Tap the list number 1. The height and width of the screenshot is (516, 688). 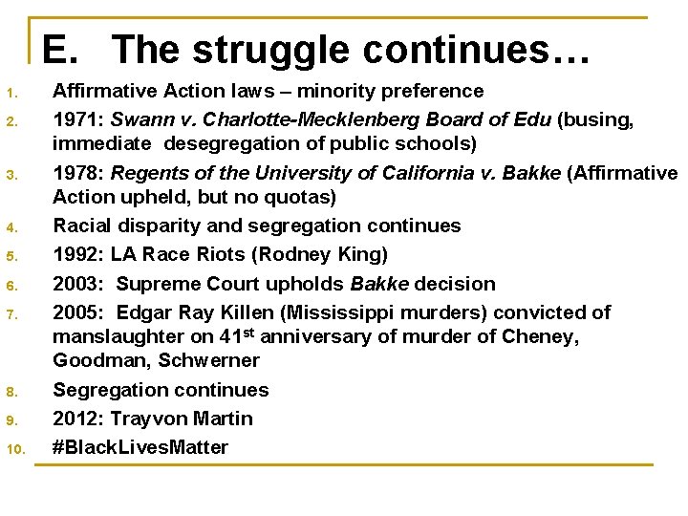(x=11, y=94)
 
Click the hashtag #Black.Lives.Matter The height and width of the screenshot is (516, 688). (x=140, y=447)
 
